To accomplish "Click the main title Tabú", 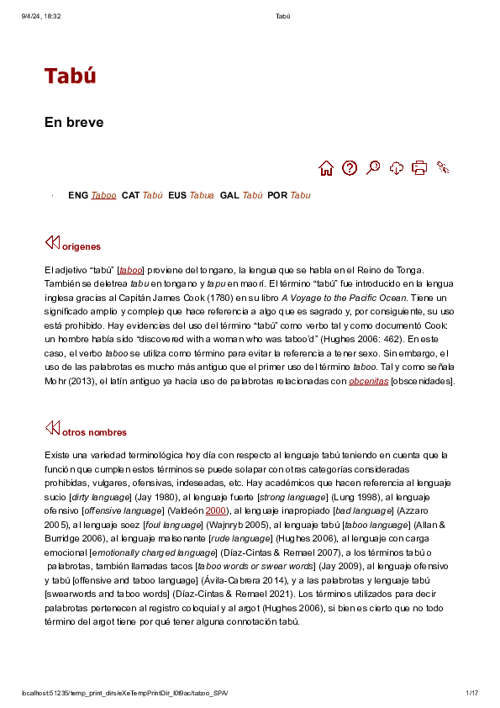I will coord(71,76).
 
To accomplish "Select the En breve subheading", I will coord(74,123).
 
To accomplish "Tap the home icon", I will coord(327,168).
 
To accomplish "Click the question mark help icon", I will coord(350,168).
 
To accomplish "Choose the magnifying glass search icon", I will coord(373,168).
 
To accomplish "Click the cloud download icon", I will coord(397,168).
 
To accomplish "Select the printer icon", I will coord(419,168).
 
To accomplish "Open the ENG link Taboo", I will coord(104,196).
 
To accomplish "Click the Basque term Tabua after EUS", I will coord(202,196).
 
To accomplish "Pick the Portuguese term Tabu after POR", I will coord(300,196).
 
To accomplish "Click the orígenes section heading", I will coord(82,247).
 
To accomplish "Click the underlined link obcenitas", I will coord(368,382).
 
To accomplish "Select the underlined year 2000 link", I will coord(216,510).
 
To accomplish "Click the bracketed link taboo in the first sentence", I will coord(130,271).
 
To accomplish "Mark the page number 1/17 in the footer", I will coord(471,693).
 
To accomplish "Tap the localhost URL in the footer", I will coord(124,693).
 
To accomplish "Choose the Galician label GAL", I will coord(229,196).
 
